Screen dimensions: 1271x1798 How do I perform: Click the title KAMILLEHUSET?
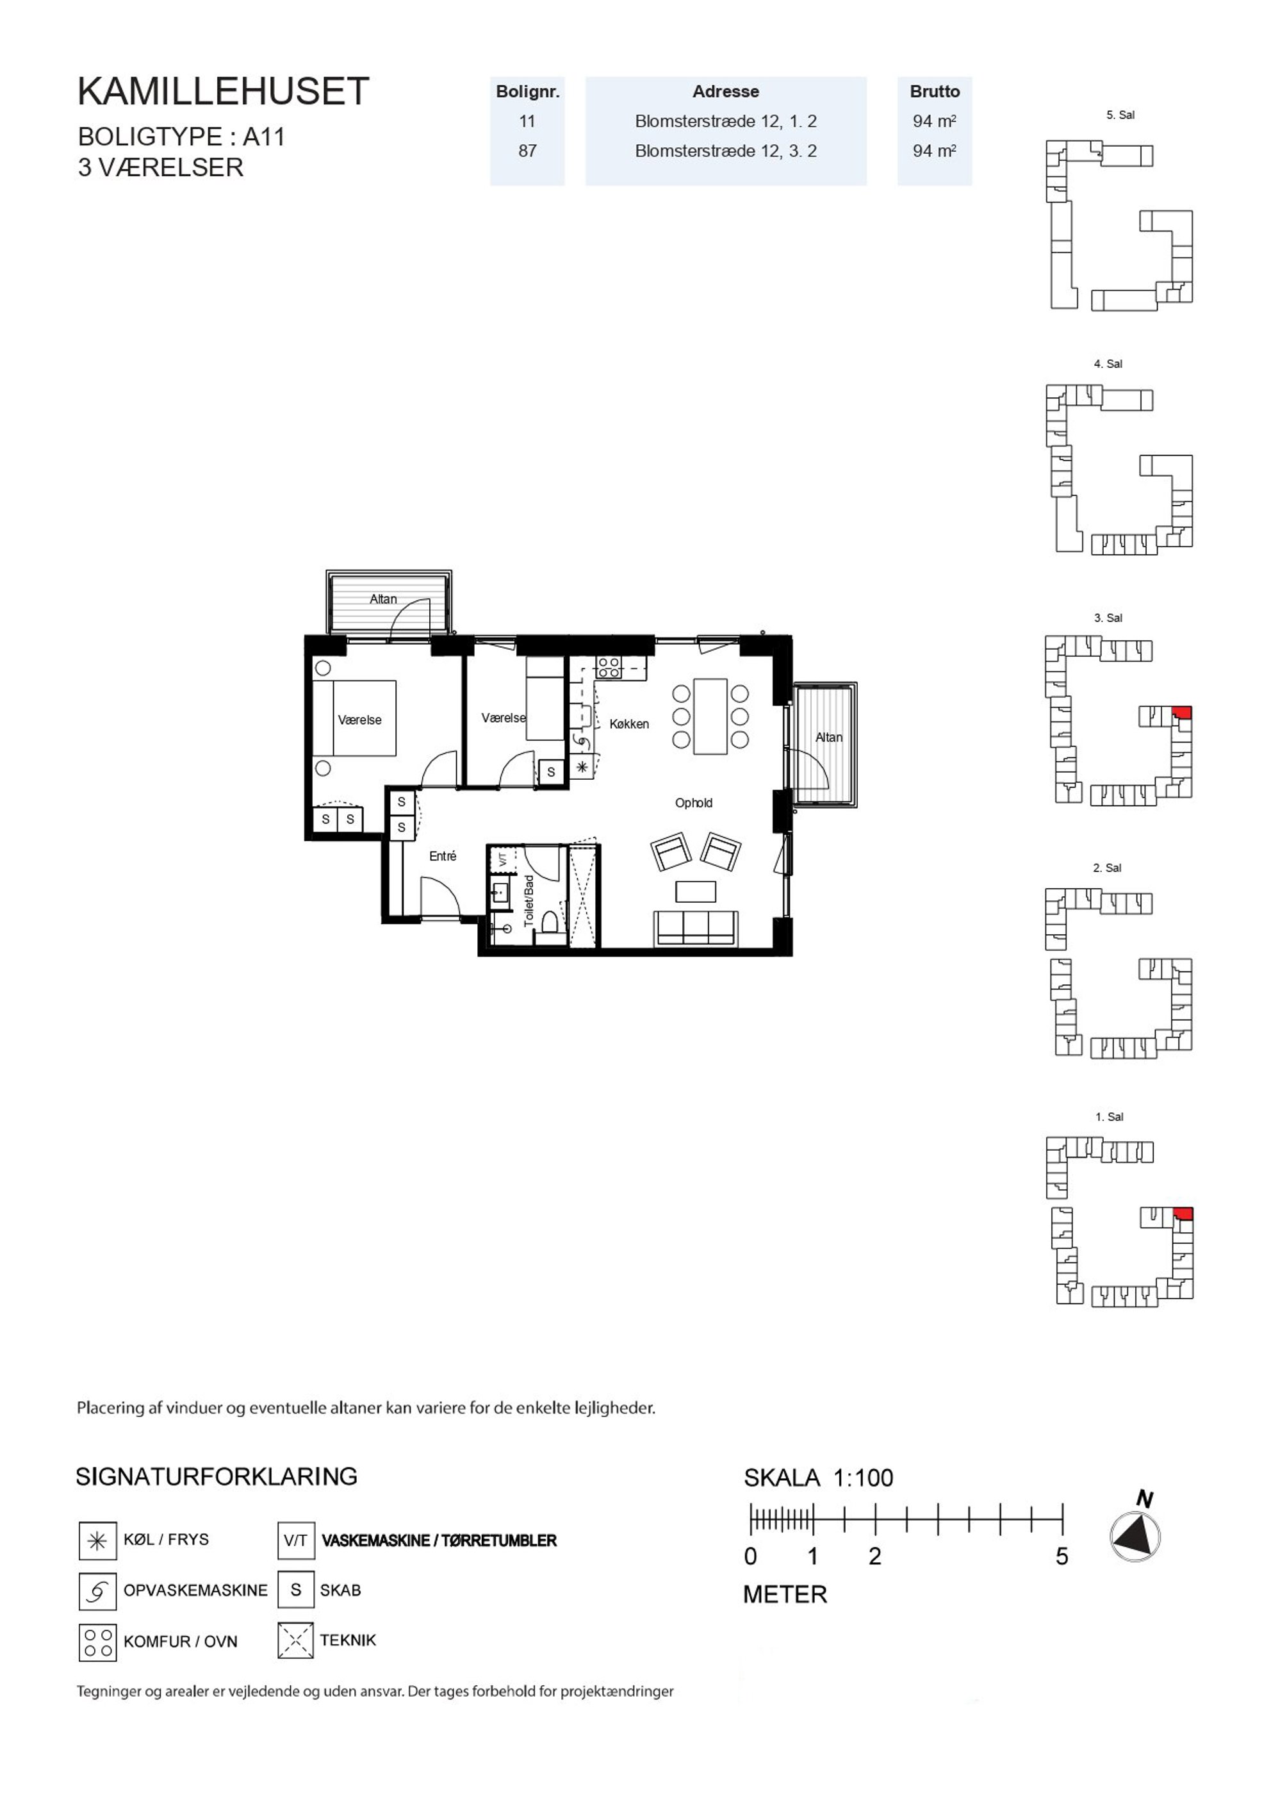pos(223,92)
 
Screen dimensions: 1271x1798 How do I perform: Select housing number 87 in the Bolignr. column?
pos(527,151)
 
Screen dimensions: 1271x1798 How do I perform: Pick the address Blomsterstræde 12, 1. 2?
pos(725,121)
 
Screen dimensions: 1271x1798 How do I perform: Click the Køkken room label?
pos(629,723)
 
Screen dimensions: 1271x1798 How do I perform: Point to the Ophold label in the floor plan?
pos(694,803)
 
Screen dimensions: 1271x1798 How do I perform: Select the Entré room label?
pos(443,856)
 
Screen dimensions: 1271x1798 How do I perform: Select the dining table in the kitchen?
pos(710,716)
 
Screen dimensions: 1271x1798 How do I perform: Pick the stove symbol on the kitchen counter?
pos(609,667)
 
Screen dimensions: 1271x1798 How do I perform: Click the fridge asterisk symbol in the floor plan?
pos(582,768)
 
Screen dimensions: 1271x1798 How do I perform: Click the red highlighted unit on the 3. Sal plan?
pos(1182,712)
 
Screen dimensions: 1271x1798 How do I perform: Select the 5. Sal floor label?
pos(1120,115)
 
